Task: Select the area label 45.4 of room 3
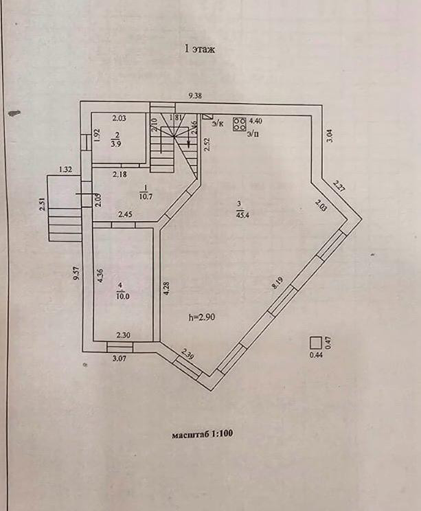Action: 240,213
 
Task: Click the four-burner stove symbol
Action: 240,124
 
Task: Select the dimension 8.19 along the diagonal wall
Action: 277,282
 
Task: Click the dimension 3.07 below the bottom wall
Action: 120,358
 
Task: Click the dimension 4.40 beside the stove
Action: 255,120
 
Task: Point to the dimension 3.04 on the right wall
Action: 330,136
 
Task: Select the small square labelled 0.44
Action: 315,343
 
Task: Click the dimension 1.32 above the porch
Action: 66,169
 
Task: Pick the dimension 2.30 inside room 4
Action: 123,335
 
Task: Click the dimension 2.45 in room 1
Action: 125,215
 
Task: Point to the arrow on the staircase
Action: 187,144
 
